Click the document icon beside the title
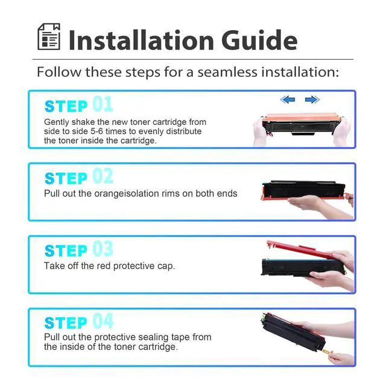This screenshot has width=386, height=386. point(49,37)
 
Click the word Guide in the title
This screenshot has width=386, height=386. point(259,40)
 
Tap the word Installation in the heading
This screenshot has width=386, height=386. point(141,40)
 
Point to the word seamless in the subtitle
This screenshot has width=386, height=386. point(227,72)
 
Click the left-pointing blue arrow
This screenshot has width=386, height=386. point(287,100)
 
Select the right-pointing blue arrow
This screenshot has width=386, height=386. point(312,100)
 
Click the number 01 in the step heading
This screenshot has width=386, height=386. point(103,104)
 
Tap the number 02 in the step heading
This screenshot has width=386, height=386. point(103,176)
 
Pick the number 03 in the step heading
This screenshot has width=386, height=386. point(103,248)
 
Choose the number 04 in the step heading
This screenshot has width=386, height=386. point(103,321)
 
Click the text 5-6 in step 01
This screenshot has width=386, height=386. point(96,131)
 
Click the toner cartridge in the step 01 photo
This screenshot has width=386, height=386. point(302,124)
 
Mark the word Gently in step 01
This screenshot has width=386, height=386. point(56,122)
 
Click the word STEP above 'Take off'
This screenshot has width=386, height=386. point(66,251)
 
